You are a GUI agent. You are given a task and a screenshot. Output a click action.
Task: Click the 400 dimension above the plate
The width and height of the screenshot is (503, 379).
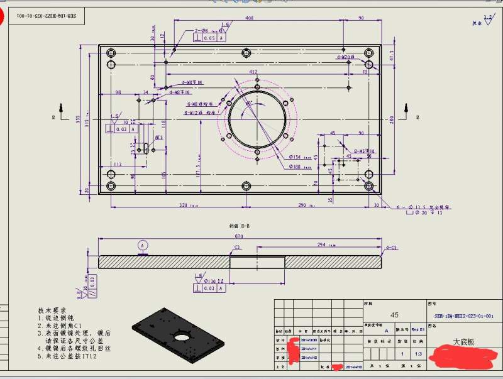pyautogui.click(x=250, y=18)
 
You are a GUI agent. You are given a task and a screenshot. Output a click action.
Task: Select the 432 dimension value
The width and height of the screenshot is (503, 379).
pyautogui.click(x=253, y=72)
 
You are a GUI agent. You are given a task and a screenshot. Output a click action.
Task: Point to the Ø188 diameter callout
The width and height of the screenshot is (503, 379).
pyautogui.click(x=296, y=167)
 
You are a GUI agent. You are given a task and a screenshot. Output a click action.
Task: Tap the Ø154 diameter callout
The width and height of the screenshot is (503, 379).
pyautogui.click(x=296, y=157)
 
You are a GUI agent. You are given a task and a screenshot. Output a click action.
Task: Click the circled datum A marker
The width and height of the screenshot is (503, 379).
pyautogui.click(x=143, y=244)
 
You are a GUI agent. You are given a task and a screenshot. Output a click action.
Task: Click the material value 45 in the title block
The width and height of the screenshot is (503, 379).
pyautogui.click(x=394, y=315)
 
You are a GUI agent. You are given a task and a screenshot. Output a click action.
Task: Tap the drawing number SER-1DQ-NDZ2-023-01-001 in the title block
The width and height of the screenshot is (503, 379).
pyautogui.click(x=464, y=316)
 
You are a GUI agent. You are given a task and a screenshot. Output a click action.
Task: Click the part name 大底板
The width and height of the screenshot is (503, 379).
pyautogui.click(x=463, y=343)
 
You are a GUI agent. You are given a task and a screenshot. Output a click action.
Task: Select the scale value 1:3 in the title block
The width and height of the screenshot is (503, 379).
pyautogui.click(x=419, y=354)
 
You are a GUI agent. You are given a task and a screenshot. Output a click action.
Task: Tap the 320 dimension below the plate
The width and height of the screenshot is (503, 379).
pyautogui.click(x=184, y=205)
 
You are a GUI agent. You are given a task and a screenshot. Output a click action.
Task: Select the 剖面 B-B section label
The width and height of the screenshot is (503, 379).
pyautogui.click(x=240, y=224)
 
